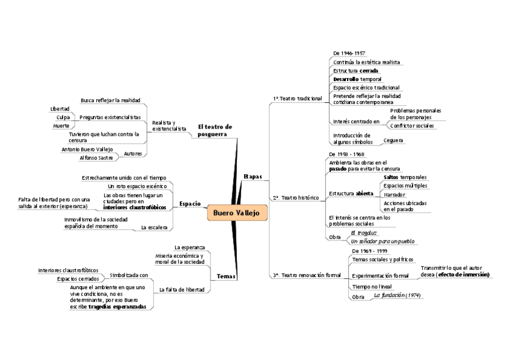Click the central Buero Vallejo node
[238, 213]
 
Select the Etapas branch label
[253, 176]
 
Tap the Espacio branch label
[190, 204]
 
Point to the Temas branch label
[226, 276]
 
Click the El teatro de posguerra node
[215, 130]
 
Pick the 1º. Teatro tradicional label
[298, 98]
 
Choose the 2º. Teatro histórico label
[296, 197]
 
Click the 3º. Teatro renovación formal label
[307, 275]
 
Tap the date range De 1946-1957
[349, 53]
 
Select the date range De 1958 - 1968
[346, 154]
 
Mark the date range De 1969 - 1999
[369, 251]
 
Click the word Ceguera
[393, 140]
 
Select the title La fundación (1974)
[397, 295]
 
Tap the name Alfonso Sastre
[96, 157]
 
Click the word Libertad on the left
[60, 109]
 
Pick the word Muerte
[61, 126]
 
